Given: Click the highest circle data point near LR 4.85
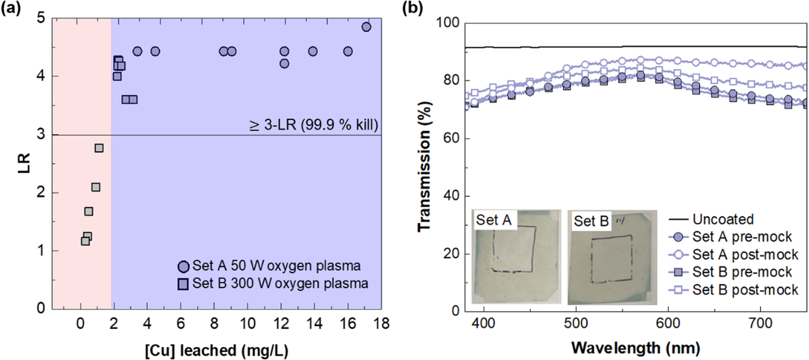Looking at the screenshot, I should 366,27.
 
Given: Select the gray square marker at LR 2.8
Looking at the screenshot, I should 99,148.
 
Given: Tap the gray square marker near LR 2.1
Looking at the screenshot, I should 96,187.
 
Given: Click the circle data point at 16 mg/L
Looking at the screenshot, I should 348,51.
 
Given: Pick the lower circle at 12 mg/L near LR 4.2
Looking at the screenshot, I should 284,63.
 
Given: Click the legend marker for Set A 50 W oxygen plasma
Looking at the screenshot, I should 184,267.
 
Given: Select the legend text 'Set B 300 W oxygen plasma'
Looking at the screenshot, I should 280,283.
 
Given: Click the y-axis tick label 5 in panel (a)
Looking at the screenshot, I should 41,18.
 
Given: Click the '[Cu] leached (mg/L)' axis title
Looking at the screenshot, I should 216,351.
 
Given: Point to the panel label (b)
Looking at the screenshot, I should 412,8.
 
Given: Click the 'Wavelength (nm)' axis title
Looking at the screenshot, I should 636,348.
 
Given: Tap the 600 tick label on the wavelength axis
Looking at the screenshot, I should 668,323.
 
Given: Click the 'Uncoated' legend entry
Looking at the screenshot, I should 723,219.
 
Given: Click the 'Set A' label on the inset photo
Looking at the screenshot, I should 493,220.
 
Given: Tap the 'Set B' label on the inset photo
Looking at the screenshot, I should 591,221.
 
